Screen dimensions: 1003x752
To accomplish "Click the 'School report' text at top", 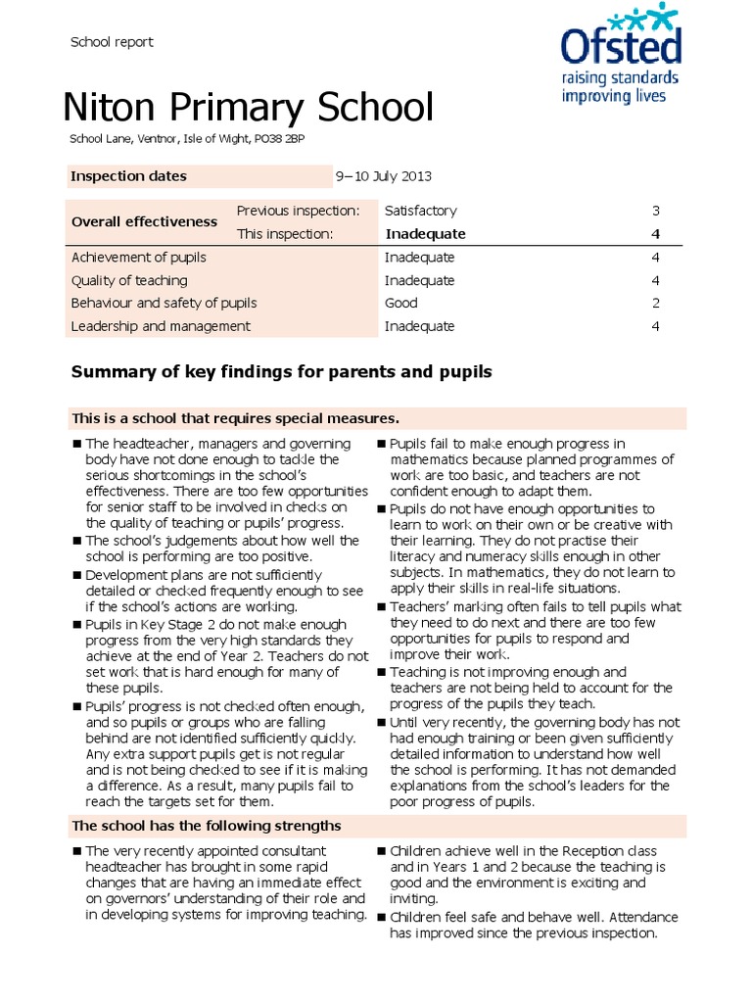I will pos(112,42).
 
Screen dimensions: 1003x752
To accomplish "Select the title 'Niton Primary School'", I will pos(248,107).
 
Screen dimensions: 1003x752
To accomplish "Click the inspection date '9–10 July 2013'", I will pos(383,177).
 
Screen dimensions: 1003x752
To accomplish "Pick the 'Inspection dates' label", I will pos(128,177).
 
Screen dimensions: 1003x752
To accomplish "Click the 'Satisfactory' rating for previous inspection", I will pos(420,211).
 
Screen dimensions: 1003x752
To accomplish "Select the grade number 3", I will pos(655,211).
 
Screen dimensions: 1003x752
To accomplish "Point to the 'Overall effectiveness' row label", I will pos(144,222).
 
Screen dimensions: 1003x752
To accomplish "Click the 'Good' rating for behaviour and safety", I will pos(401,304).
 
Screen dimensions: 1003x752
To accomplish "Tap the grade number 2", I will pos(655,304).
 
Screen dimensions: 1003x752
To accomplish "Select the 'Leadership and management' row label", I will pos(161,327).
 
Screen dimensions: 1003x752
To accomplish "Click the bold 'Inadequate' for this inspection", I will pos(425,234).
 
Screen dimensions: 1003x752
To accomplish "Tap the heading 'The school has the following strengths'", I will pos(207,826).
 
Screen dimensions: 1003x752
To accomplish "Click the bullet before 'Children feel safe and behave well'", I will pos(382,917).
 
